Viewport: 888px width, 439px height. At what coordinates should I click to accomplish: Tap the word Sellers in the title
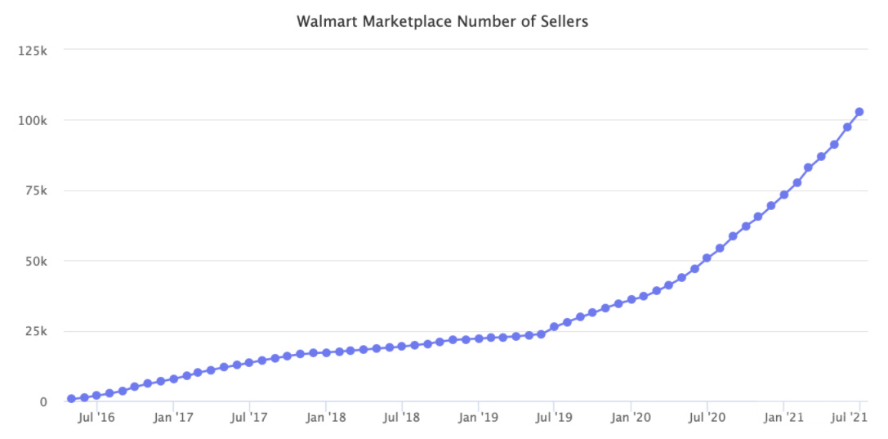coord(563,22)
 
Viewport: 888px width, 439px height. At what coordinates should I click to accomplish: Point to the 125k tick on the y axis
coord(33,50)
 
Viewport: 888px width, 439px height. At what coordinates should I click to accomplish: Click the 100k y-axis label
coord(33,120)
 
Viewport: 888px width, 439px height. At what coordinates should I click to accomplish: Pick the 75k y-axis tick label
coord(36,190)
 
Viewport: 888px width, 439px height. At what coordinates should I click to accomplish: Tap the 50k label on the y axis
coord(36,261)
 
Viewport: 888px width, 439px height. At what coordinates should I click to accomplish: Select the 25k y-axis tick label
coord(36,331)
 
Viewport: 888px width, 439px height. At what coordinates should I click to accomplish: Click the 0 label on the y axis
coord(44,401)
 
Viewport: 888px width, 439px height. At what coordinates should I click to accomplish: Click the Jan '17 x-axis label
coord(173,418)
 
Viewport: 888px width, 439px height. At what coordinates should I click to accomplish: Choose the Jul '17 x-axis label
coord(249,418)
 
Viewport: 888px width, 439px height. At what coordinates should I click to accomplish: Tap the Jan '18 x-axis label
coord(326,418)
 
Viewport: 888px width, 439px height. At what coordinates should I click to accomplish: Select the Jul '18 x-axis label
coord(401,418)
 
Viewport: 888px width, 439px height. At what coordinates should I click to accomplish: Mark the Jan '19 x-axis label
coord(478,418)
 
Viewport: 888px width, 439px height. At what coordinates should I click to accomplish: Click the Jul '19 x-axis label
coord(554,418)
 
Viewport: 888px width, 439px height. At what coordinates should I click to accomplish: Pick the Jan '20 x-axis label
coord(631,418)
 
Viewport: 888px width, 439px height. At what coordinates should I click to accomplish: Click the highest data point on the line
coord(859,112)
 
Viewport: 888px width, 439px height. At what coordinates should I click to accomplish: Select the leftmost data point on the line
coord(72,399)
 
